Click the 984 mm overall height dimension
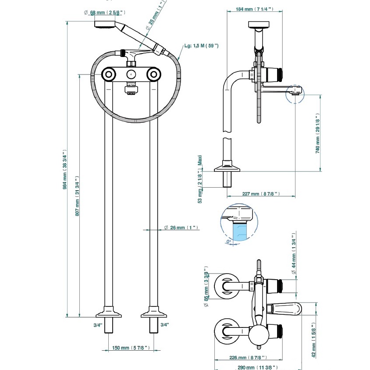coord(64,169)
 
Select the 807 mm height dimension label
coord(77,196)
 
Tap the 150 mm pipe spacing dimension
coord(131,348)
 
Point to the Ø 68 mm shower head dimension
coord(104,13)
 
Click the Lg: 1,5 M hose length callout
coord(201,46)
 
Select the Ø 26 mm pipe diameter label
coord(181,228)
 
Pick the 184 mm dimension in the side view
coord(255,9)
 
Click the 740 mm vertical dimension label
coord(318,133)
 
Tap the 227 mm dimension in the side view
coord(261,194)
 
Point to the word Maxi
coord(200,160)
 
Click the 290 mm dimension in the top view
coord(257,367)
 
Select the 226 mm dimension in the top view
coord(248,357)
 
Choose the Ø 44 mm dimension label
coord(294,254)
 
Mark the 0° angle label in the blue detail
coord(228,242)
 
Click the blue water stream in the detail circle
coord(240,232)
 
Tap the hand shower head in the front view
coord(105,24)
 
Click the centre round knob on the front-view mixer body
coord(131,75)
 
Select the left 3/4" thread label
coord(98,325)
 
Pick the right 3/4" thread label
coord(165,325)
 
